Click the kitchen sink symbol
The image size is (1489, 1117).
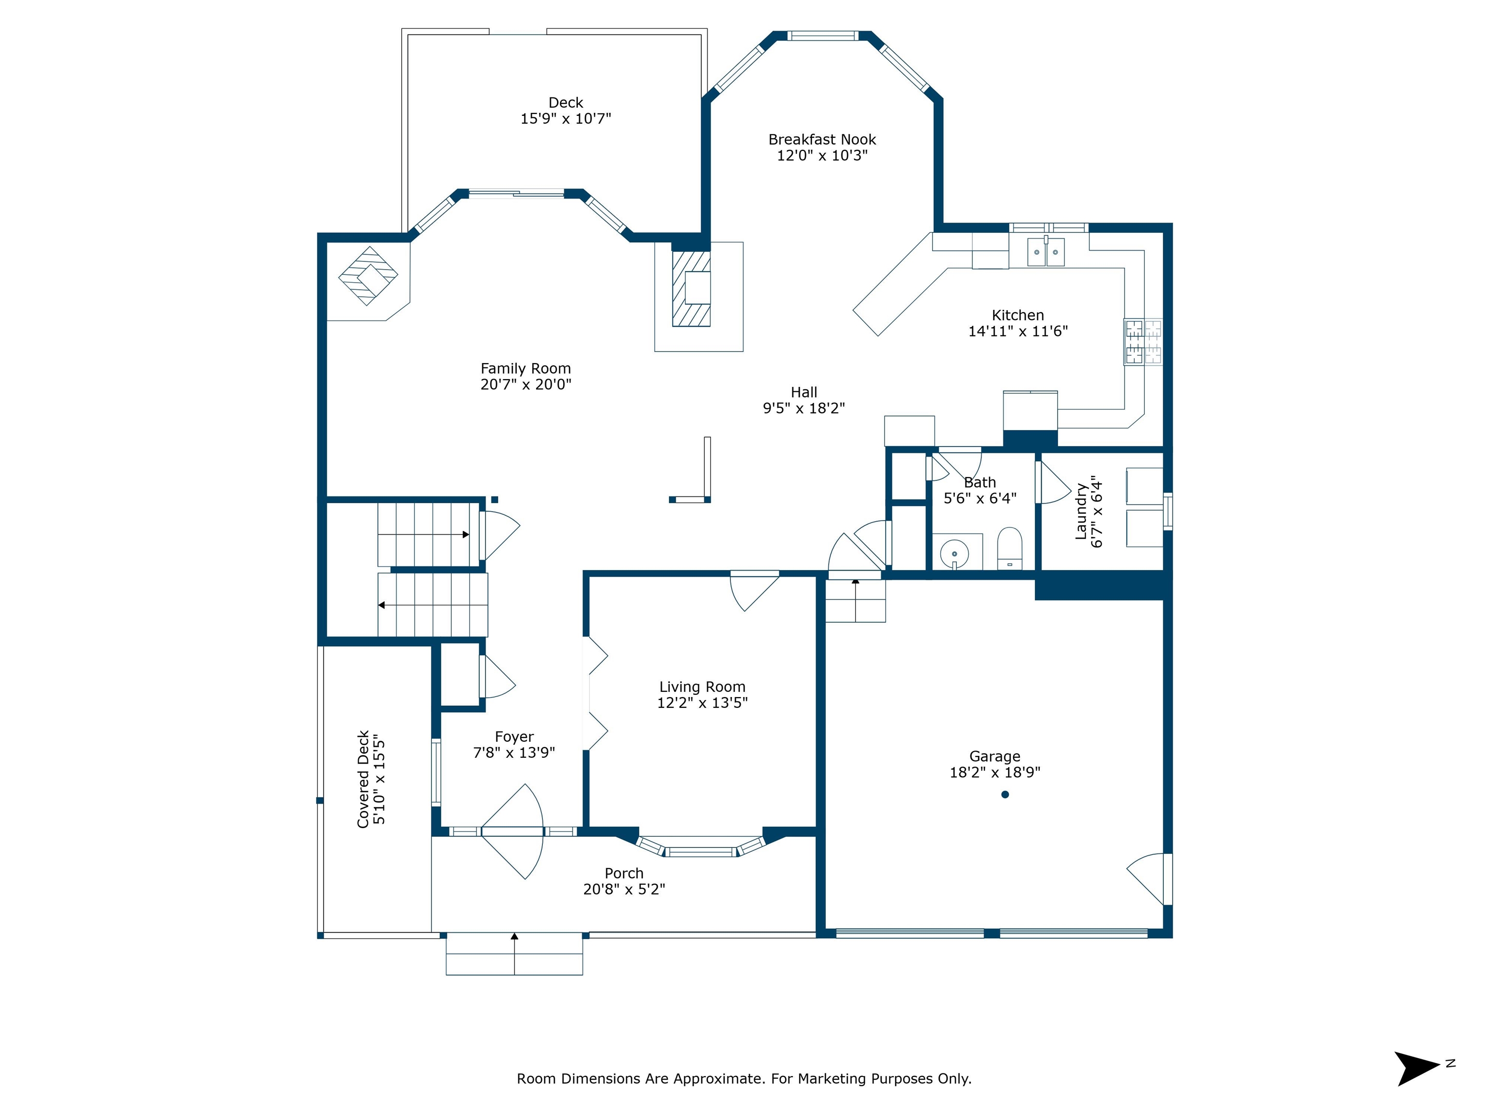tap(1045, 251)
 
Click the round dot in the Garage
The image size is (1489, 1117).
tap(1005, 795)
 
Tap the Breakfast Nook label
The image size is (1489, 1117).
tap(822, 139)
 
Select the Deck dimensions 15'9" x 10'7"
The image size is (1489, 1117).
tap(566, 118)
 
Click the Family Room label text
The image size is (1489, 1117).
tap(526, 368)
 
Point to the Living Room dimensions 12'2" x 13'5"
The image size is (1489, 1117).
tap(702, 702)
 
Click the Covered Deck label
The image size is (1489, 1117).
tap(364, 779)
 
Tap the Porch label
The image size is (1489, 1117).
tap(624, 873)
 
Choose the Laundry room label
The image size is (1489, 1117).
tap(1081, 511)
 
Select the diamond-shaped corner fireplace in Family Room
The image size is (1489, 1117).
tap(368, 276)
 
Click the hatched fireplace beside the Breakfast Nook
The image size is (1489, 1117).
tap(691, 289)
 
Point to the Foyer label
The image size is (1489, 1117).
tap(514, 736)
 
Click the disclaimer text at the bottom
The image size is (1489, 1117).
tap(744, 1079)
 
